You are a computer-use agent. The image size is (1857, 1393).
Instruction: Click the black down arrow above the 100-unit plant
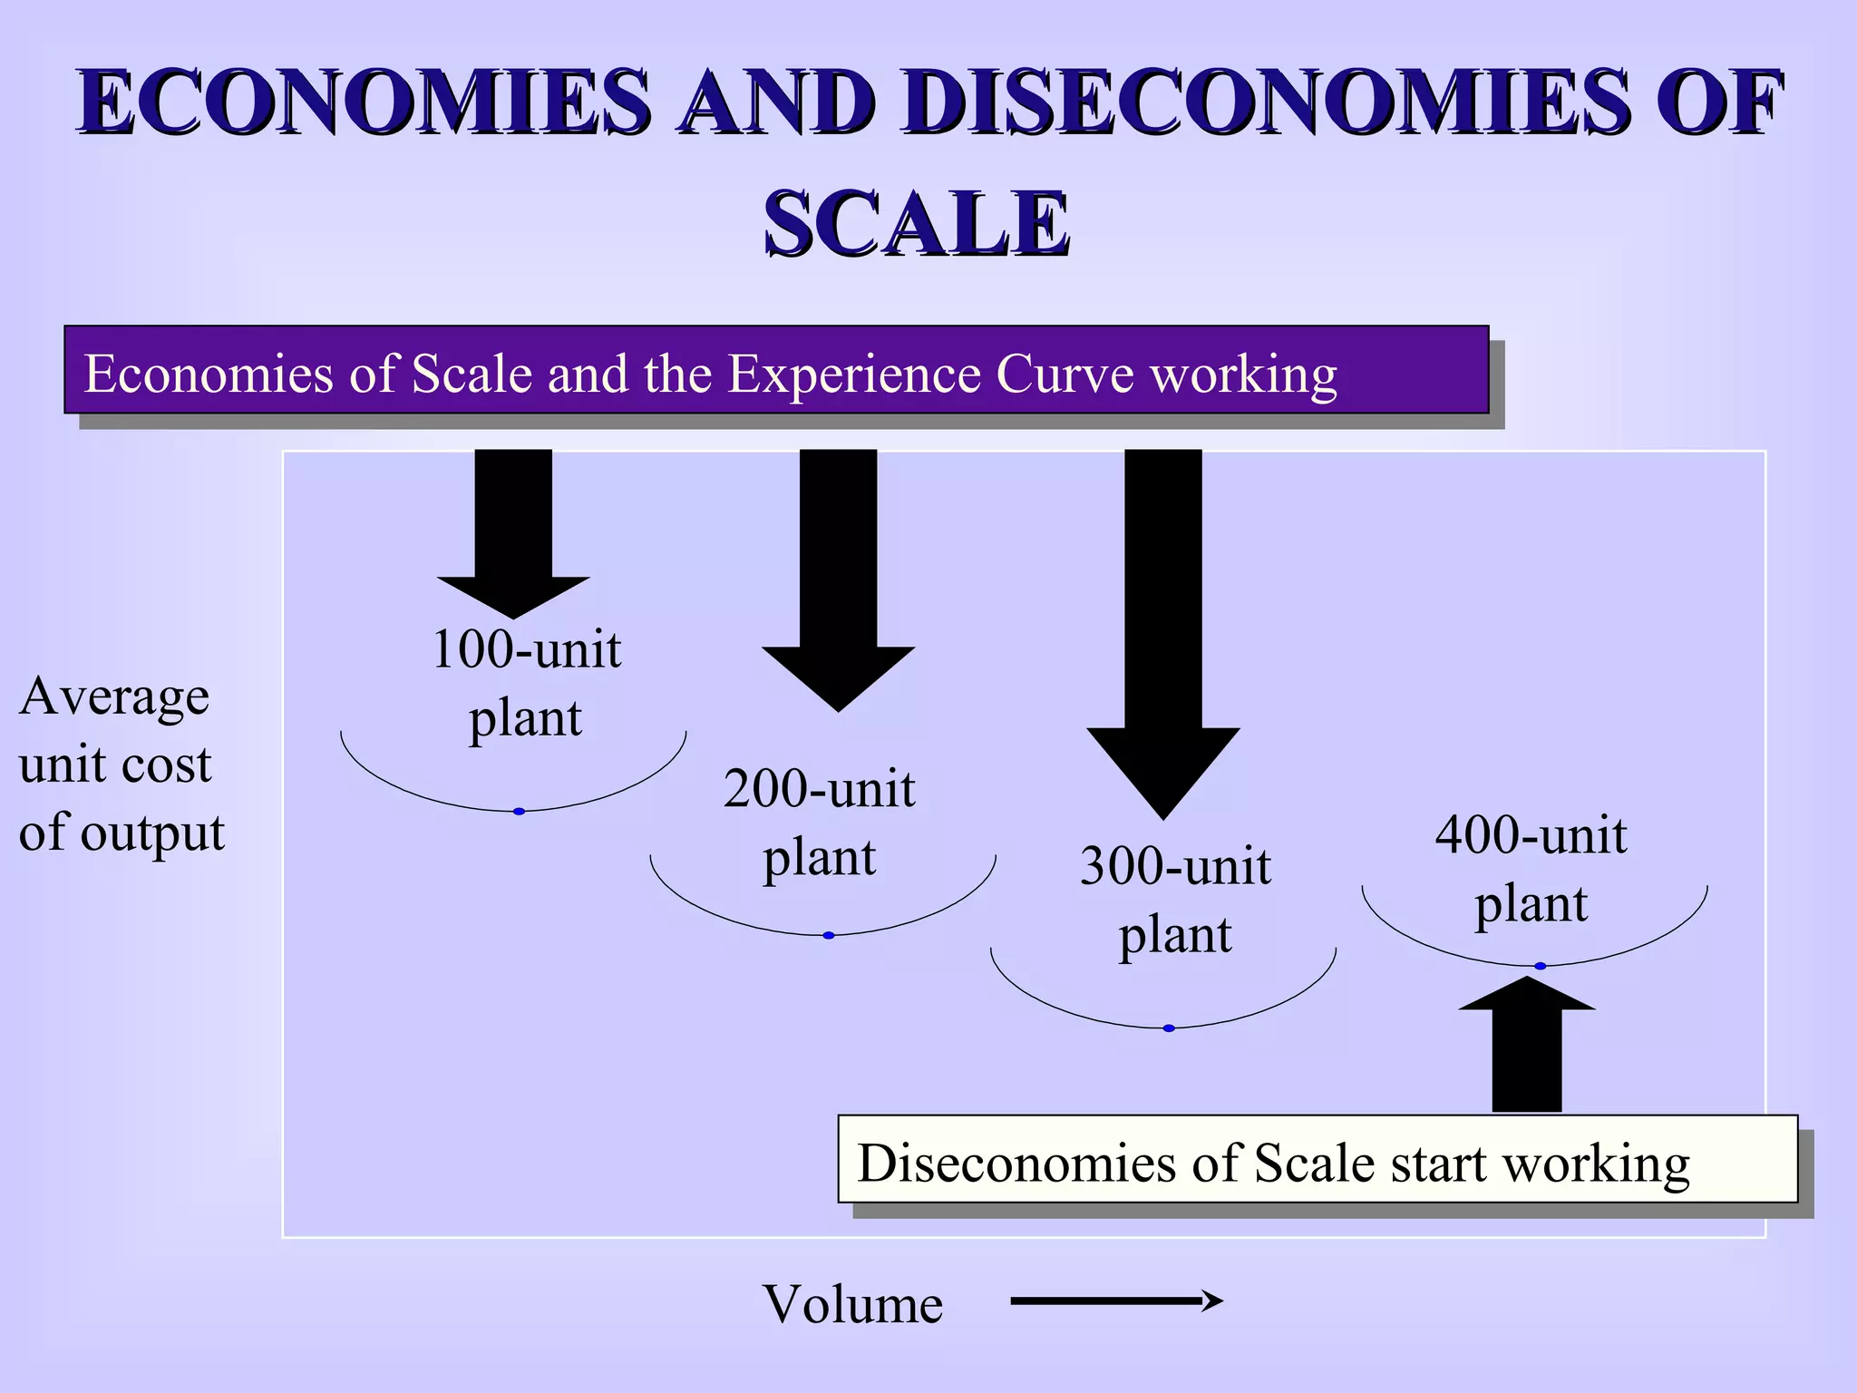[513, 535]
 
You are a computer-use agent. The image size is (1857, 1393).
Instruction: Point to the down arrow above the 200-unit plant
[838, 580]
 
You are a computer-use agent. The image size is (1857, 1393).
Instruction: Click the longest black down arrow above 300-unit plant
[1163, 635]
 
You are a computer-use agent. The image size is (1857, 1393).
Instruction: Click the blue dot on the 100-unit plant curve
[519, 812]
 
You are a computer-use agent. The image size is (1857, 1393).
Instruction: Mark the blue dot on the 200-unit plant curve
[828, 935]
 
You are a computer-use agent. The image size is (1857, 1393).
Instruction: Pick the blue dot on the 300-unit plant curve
[1169, 1028]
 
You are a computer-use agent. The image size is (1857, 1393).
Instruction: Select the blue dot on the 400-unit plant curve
[1540, 966]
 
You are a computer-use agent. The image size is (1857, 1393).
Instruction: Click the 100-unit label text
[526, 650]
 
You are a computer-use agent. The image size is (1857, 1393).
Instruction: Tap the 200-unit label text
[819, 789]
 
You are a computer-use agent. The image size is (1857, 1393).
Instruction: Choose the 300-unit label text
[1175, 866]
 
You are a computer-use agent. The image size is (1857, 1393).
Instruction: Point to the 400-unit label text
[1531, 835]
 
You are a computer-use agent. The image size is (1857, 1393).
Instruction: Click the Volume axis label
[852, 1304]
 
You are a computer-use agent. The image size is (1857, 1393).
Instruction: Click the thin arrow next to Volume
[1116, 1301]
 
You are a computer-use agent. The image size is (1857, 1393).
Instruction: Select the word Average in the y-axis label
[114, 697]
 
